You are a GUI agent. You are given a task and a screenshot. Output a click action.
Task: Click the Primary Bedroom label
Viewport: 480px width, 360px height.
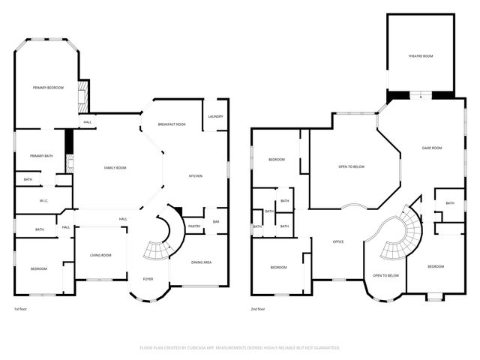(48, 88)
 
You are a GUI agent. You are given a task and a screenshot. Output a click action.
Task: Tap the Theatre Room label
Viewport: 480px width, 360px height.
(420, 56)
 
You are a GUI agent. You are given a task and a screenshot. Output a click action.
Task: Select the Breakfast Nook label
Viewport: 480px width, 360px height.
(172, 124)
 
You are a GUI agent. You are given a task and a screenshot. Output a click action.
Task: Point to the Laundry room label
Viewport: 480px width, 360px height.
(216, 116)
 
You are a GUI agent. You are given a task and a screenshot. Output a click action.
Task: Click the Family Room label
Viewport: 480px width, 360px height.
(115, 167)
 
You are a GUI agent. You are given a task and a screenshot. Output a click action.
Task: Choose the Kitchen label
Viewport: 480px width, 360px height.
(195, 175)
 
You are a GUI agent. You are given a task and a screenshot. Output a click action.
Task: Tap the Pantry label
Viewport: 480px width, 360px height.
(194, 226)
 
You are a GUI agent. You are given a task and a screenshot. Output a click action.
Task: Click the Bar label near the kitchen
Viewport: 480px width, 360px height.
(216, 221)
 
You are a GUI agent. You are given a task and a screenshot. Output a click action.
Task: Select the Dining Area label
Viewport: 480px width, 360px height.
(201, 262)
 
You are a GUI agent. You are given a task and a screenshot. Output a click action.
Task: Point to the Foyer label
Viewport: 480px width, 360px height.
(148, 279)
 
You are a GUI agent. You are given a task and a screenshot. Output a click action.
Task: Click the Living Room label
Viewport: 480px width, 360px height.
(100, 255)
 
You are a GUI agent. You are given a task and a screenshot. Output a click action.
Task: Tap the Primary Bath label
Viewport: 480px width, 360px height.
(41, 155)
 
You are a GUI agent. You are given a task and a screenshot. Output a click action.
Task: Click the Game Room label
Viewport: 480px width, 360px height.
(431, 148)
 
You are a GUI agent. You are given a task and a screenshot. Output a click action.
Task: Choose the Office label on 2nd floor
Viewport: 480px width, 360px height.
(338, 241)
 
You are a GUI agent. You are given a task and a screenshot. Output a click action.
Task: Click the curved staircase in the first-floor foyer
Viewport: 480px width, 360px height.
(160, 240)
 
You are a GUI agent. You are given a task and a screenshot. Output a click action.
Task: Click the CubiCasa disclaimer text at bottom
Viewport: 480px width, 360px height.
(240, 348)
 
